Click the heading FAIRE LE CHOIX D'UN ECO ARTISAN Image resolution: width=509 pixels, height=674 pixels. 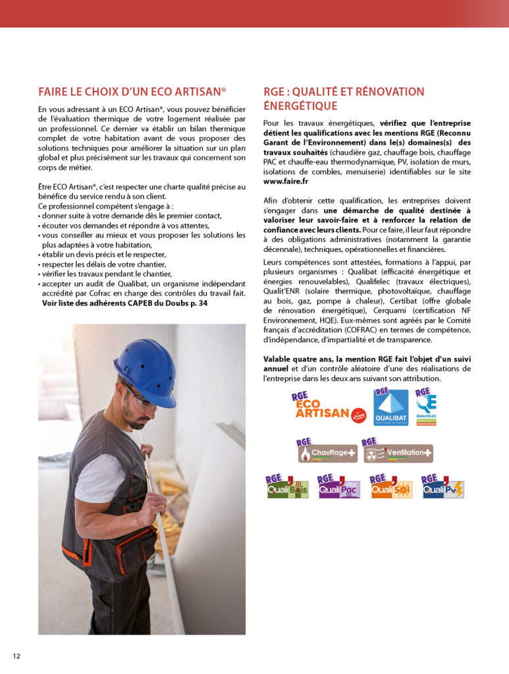[x=132, y=91]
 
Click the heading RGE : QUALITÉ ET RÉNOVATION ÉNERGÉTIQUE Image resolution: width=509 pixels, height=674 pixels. [x=344, y=99]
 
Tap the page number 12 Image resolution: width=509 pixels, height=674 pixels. [x=16, y=656]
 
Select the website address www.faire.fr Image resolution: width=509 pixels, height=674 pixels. [x=286, y=180]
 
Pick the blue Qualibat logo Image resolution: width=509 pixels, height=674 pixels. [x=391, y=407]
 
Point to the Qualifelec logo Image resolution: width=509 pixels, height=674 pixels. [x=425, y=407]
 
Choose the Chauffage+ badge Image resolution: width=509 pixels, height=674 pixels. [x=327, y=452]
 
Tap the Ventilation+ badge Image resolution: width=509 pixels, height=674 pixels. [x=398, y=452]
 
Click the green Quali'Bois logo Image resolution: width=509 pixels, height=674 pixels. [x=286, y=488]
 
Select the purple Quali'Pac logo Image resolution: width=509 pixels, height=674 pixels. [x=338, y=488]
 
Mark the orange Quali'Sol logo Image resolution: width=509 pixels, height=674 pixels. [x=391, y=488]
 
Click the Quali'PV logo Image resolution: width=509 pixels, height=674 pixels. [x=442, y=488]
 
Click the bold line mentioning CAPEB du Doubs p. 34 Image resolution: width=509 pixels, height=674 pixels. [x=124, y=303]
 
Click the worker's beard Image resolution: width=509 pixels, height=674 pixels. [x=136, y=420]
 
